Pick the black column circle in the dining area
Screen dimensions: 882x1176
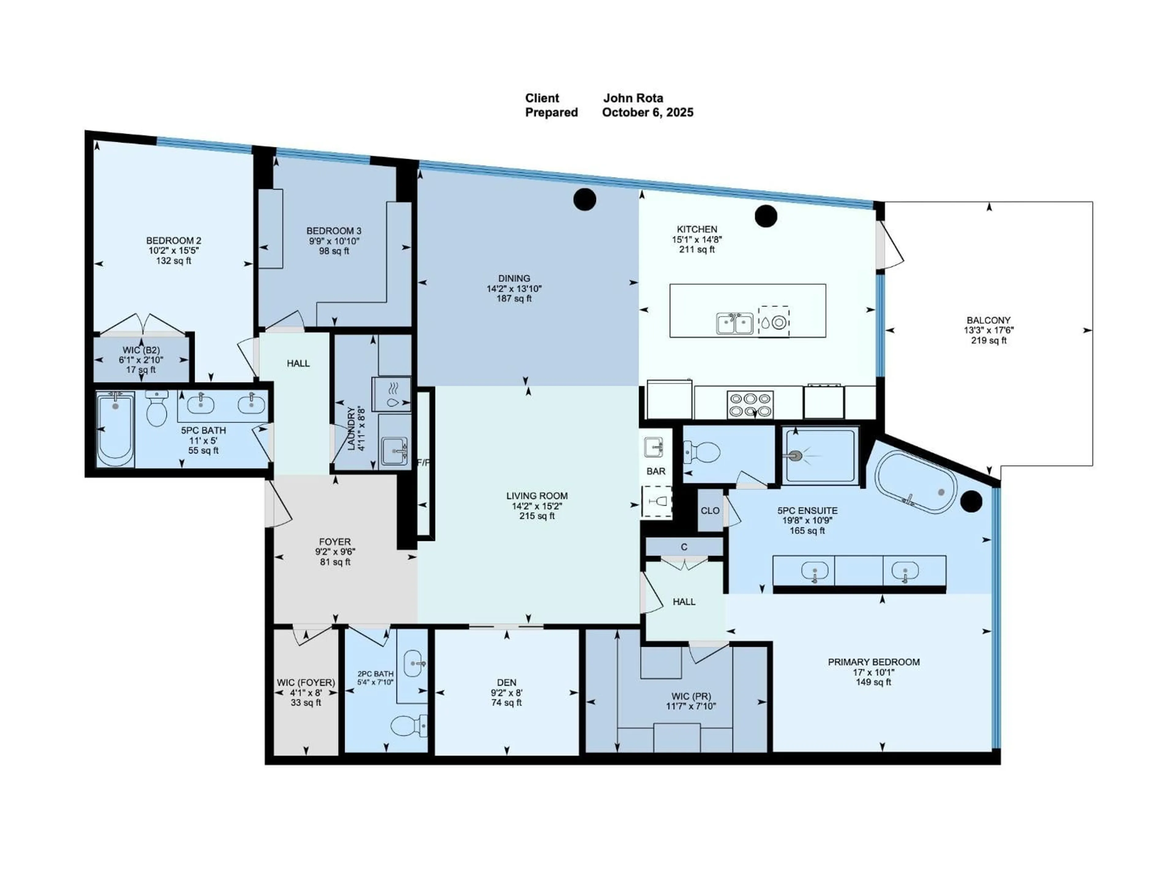tap(584, 199)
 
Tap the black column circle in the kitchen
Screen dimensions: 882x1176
tap(766, 216)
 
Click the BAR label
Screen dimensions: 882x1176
tap(655, 471)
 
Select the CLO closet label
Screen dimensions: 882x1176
tap(710, 511)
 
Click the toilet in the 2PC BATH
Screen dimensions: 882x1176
tap(408, 725)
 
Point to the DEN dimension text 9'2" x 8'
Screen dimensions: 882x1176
tap(506, 693)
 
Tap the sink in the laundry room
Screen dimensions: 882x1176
tap(394, 450)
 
